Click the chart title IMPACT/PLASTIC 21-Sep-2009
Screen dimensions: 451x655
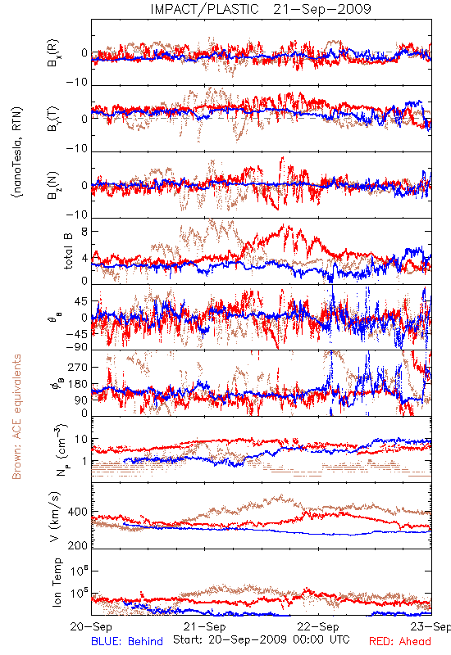click(x=261, y=9)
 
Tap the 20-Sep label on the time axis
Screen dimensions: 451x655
click(x=92, y=626)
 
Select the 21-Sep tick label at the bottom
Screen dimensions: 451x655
click(x=204, y=626)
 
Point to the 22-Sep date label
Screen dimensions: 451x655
click(x=318, y=626)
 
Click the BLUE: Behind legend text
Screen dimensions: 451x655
click(x=127, y=641)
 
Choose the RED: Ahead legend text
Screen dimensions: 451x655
click(x=400, y=641)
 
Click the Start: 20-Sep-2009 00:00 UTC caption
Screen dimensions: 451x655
click(x=262, y=639)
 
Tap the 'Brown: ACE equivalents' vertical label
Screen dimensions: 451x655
click(x=16, y=417)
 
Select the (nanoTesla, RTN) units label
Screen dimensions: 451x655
click(x=17, y=151)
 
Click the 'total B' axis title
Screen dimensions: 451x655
click(x=68, y=251)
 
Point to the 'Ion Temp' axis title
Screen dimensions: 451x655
click(x=57, y=582)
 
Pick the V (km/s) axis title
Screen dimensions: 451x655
click(x=55, y=517)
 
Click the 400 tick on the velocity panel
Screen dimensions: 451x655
click(x=78, y=512)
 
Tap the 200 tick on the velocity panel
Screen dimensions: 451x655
click(x=78, y=545)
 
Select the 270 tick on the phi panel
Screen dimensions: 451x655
click(x=78, y=367)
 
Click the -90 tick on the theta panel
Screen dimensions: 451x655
click(x=77, y=346)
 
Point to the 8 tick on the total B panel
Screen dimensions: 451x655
click(x=84, y=231)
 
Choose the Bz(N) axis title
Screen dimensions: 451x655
click(x=54, y=185)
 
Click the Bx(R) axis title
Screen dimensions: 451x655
click(x=54, y=52)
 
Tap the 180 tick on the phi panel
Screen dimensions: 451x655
click(x=78, y=384)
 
